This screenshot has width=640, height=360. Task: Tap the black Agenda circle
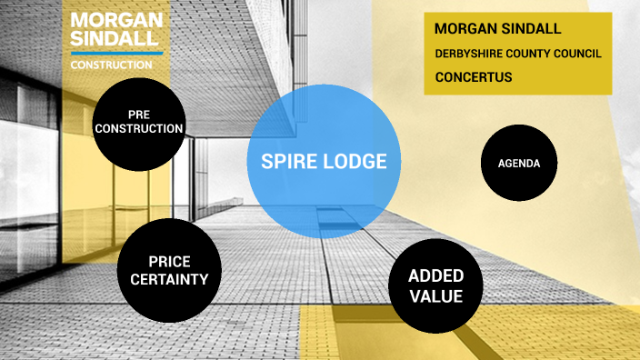pyautogui.click(x=518, y=164)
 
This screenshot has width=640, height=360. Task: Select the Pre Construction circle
pyautogui.click(x=139, y=121)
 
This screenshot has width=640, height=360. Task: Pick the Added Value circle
pyautogui.click(x=435, y=285)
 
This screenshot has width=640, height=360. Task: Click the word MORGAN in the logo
pyautogui.click(x=116, y=20)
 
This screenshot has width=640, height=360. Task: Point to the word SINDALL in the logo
pyautogui.click(x=115, y=38)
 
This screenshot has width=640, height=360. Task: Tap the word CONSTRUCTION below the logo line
pyautogui.click(x=112, y=65)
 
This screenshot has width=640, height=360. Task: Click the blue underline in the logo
pyautogui.click(x=116, y=54)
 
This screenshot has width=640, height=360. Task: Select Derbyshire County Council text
pyautogui.click(x=517, y=54)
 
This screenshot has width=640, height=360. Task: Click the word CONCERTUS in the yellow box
pyautogui.click(x=473, y=77)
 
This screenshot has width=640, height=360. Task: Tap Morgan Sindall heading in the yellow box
pyautogui.click(x=497, y=29)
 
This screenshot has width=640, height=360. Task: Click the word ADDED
pyautogui.click(x=435, y=275)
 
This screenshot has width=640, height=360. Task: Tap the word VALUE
pyautogui.click(x=435, y=295)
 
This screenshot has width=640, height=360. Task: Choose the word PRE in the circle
pyautogui.click(x=139, y=115)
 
